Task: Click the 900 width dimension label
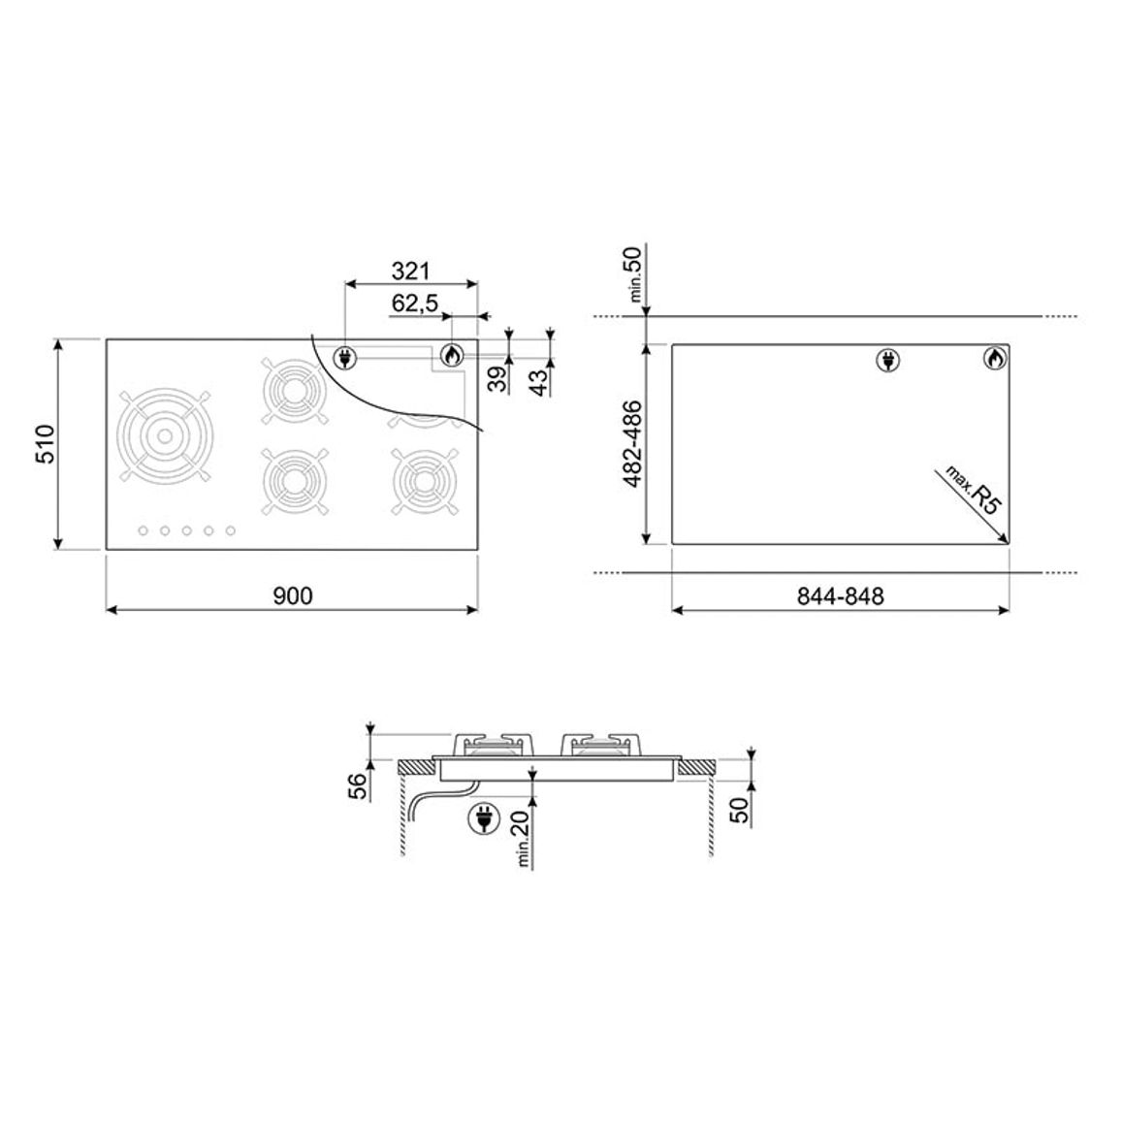point(293,595)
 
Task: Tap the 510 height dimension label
point(45,444)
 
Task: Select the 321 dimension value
point(410,271)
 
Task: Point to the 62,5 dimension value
point(415,304)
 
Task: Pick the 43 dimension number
point(542,379)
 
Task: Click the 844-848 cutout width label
point(840,595)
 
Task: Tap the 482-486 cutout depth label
point(633,444)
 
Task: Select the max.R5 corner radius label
point(974,491)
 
